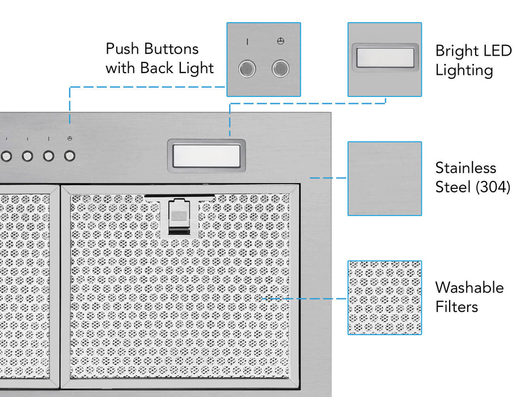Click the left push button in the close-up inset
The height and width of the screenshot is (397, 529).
247,69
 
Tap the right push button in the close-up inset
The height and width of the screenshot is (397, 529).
280,69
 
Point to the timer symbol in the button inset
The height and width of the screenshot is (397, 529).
280,42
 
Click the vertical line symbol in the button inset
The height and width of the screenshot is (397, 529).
247,42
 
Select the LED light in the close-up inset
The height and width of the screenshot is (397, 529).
384,57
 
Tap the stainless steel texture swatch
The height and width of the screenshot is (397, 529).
384,179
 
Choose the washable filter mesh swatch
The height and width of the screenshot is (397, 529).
384,297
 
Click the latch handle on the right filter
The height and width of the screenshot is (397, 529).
179,217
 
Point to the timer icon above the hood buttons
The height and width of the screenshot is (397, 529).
69,138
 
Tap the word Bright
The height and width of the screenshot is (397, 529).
456,51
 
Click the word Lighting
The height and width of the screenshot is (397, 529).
464,70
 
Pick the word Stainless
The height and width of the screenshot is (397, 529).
465,168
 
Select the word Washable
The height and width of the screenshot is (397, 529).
469,288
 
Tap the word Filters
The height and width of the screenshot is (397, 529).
456,307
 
